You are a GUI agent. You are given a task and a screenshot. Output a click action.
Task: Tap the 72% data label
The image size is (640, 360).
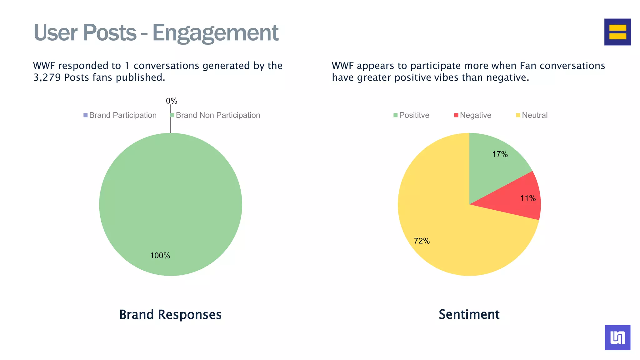(422, 241)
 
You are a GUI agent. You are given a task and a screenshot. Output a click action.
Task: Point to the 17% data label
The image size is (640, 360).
(500, 154)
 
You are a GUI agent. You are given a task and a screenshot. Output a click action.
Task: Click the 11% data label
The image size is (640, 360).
(528, 198)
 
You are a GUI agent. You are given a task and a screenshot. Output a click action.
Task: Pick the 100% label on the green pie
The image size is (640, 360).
(160, 256)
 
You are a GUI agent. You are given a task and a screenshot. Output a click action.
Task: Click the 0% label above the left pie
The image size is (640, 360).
(171, 101)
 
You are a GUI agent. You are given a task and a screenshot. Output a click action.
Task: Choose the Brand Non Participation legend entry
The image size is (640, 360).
(217, 115)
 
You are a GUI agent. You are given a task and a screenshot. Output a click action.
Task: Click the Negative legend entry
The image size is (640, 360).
(475, 115)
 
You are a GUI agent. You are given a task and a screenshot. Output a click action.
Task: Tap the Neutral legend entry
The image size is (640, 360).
(534, 115)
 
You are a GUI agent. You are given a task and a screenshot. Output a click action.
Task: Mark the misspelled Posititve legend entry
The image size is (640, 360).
(414, 115)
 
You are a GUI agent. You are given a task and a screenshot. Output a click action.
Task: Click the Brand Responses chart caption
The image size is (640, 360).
(170, 314)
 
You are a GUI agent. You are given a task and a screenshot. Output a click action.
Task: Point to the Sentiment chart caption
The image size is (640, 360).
(469, 314)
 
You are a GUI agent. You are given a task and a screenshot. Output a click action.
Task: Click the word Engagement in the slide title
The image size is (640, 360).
(215, 33)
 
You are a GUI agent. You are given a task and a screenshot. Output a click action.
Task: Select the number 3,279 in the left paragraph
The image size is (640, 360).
(47, 77)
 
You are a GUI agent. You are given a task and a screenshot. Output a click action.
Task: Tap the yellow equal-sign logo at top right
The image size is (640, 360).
(617, 32)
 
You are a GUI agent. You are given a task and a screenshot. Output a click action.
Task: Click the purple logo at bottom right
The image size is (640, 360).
(617, 337)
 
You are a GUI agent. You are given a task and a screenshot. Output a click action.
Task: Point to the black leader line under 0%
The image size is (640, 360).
(171, 122)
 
